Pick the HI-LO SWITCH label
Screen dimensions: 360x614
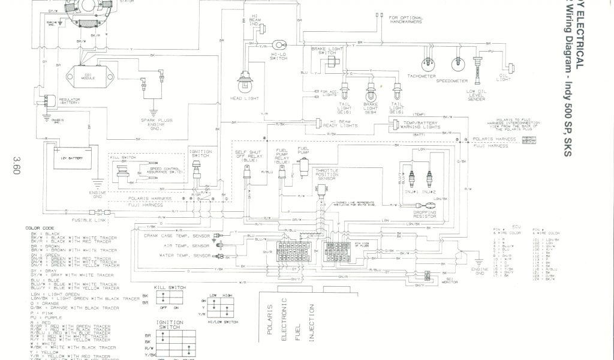[278, 57]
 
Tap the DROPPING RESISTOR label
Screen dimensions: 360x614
[425, 214]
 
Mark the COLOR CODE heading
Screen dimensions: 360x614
[40, 228]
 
